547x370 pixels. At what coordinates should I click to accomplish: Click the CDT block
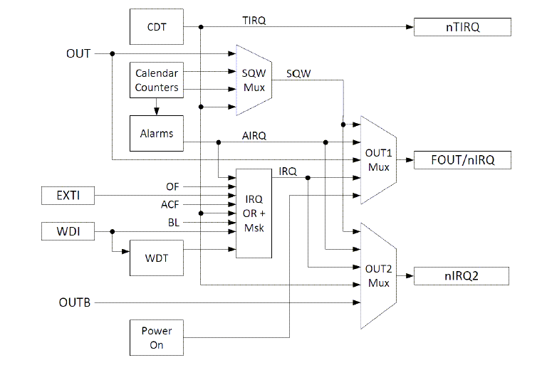[x=156, y=26]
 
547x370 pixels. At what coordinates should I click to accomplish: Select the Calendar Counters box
[x=156, y=81]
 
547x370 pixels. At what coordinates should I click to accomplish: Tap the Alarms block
[x=156, y=133]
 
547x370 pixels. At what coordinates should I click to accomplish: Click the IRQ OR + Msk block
[x=254, y=213]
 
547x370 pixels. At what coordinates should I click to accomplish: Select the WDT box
[x=156, y=258]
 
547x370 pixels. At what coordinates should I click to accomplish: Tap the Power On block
[x=156, y=337]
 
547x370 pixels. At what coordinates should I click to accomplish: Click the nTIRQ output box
[x=463, y=27]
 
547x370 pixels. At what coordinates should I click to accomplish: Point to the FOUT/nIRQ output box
[x=463, y=160]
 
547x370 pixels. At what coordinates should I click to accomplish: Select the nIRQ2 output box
[x=463, y=275]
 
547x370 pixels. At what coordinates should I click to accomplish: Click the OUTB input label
[x=74, y=303]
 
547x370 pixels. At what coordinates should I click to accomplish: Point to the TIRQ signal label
[x=254, y=21]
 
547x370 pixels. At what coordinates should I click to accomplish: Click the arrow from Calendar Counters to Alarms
[x=156, y=107]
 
